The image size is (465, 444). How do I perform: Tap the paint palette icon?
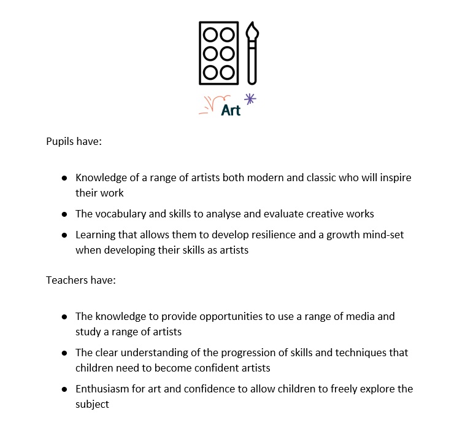coord(219,53)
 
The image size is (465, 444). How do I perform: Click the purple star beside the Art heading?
coord(250,98)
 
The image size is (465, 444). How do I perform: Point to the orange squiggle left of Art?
coord(211,104)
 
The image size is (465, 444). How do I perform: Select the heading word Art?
coord(231,111)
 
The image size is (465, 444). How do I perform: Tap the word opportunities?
coord(233,316)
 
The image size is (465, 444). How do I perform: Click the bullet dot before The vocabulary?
coord(64,214)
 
